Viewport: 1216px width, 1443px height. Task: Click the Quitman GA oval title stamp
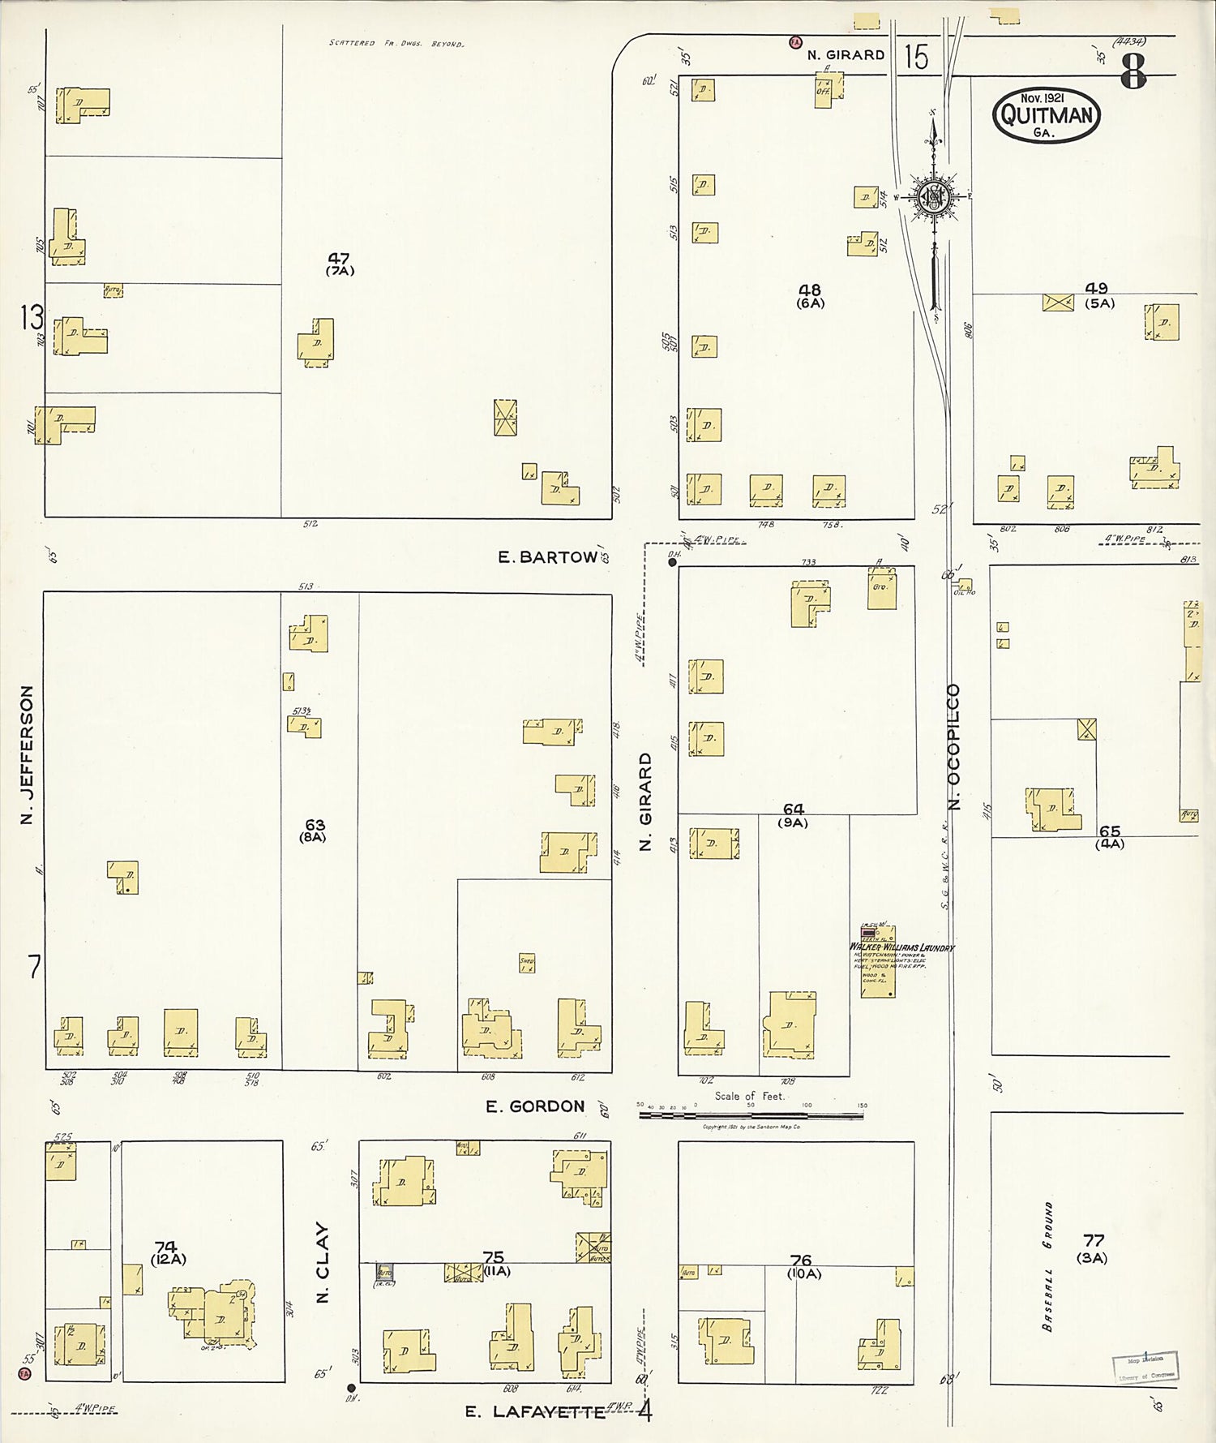coord(1046,115)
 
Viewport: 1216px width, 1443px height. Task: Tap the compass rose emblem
coord(934,196)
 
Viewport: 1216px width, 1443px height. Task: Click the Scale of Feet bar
coord(751,1115)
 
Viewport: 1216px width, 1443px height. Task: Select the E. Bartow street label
coord(547,557)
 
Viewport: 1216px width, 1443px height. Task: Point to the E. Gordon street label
coord(535,1106)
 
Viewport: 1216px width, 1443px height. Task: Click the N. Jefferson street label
coord(28,754)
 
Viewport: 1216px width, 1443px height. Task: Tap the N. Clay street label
coord(323,1262)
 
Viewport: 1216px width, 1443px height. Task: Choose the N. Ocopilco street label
coord(953,746)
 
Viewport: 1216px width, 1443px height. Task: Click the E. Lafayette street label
coord(535,1412)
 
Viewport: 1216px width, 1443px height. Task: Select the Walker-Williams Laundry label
coord(901,947)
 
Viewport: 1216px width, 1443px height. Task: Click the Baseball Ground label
coord(1048,1266)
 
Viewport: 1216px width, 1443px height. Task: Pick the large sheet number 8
coord(1133,74)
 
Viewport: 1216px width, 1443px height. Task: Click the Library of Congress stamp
coord(1145,1367)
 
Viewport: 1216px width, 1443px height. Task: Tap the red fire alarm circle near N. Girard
coord(795,41)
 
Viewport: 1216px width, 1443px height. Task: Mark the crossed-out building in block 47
coord(506,418)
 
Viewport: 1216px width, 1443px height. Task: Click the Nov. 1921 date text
coord(1043,97)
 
